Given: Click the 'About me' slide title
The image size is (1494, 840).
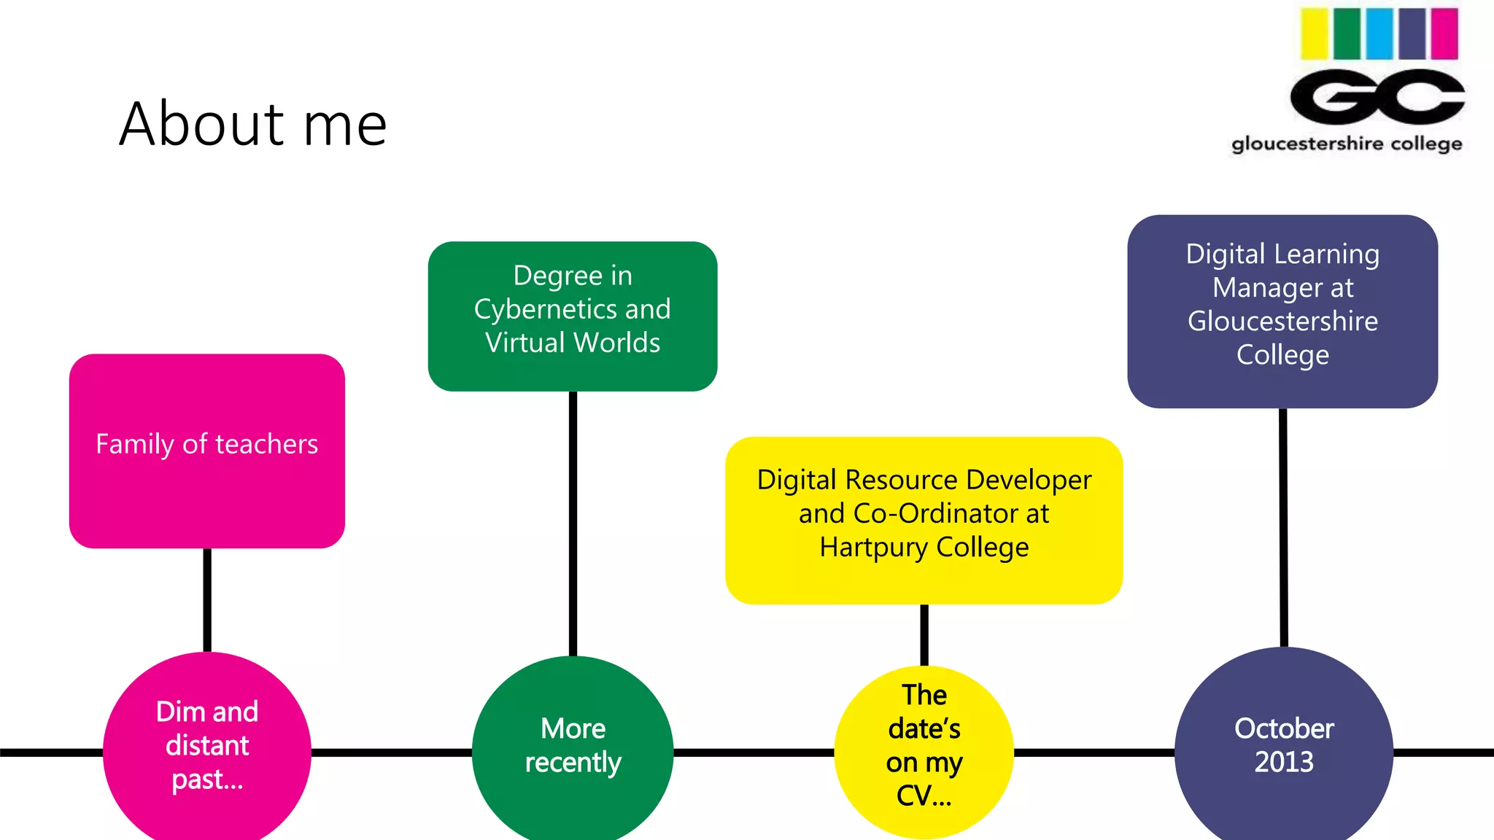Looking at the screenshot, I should point(252,124).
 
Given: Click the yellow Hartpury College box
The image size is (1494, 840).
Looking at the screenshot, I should point(924,576).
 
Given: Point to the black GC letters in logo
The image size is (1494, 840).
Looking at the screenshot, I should point(1377,97).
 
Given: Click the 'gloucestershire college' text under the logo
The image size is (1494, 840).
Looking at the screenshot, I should point(1347,144).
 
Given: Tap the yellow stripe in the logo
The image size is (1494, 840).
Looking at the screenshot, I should point(1315,34).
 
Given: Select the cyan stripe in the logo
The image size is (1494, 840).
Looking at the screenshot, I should point(1379,34).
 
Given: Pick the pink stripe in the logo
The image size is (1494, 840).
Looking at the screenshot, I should point(1444,34).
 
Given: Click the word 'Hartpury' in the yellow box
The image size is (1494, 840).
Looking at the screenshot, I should point(874,547).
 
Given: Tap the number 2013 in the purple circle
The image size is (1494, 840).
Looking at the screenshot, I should point(1284,762).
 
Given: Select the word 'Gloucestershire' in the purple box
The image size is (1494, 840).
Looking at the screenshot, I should point(1282,321).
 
